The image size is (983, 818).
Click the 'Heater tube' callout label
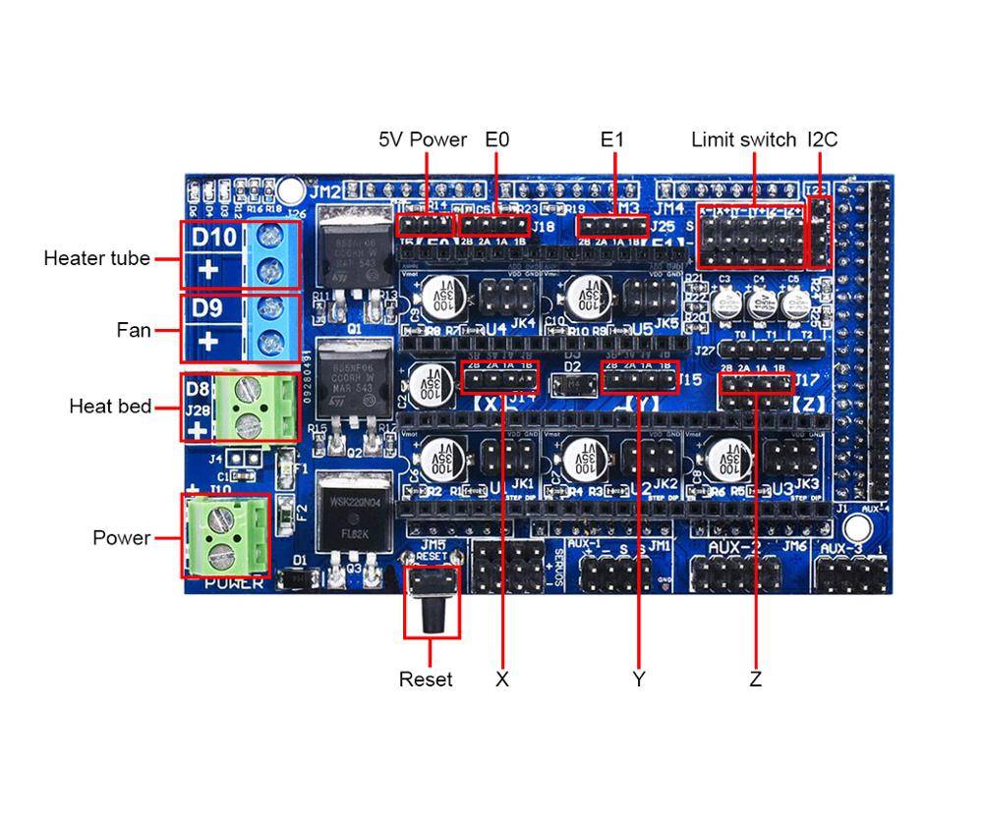coord(96,258)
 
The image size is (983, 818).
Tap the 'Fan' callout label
coord(134,330)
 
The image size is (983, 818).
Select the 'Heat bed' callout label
coord(110,407)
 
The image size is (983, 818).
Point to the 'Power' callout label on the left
coord(122,538)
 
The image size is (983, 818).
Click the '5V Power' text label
coord(423,139)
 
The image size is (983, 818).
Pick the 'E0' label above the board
coord(497,139)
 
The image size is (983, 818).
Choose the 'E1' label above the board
coord(612,139)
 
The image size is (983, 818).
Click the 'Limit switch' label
coord(743,139)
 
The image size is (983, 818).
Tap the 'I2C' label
coord(823,139)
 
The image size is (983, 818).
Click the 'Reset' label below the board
coord(426,680)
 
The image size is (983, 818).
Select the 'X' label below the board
coord(502,680)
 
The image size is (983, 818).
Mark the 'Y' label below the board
coord(639,680)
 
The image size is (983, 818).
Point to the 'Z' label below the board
coord(755,680)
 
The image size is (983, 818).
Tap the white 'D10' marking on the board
coord(213,238)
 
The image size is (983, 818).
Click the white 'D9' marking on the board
coord(207,308)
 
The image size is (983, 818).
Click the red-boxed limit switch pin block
coord(750,237)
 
